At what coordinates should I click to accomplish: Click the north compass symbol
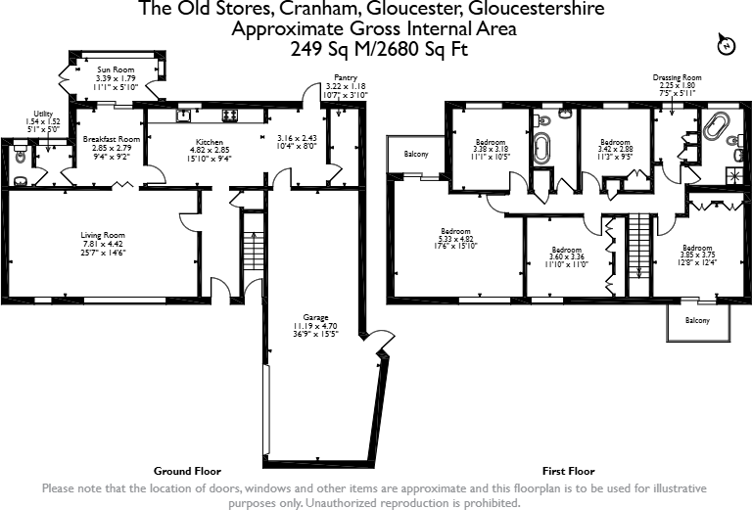tap(726, 45)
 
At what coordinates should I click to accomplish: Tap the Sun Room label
tap(116, 70)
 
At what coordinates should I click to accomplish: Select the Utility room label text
tap(42, 114)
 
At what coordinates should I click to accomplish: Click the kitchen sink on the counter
tap(183, 115)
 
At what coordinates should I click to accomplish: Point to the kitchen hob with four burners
tap(231, 115)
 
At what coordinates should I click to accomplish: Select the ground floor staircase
tap(252, 255)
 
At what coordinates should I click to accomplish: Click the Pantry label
tap(345, 77)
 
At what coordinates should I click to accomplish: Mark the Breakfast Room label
tap(111, 139)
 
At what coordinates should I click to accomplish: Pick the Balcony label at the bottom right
tap(696, 320)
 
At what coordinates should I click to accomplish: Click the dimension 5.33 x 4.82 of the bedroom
tap(455, 238)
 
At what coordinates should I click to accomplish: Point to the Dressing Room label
tap(678, 77)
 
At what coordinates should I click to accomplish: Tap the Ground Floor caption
tap(187, 471)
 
